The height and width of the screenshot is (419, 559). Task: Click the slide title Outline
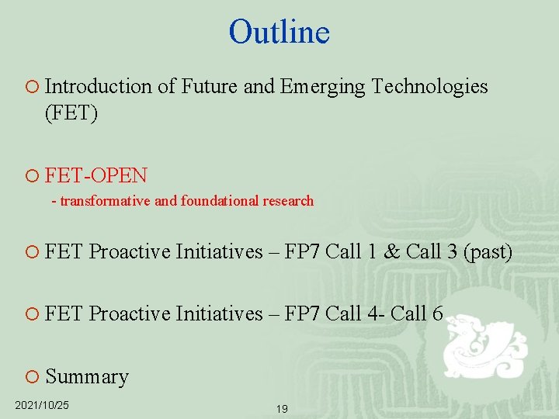[x=279, y=32]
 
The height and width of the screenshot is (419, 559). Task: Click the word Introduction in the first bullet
[x=99, y=86]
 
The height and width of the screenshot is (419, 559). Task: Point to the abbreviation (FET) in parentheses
[x=71, y=114]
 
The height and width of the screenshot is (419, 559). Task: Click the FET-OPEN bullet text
[x=96, y=175]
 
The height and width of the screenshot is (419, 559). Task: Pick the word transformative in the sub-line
[x=106, y=201]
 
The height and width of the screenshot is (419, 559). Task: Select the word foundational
[x=218, y=201]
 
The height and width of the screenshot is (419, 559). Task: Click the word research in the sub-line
[x=287, y=201]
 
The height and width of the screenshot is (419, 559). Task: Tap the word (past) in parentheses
[x=489, y=252]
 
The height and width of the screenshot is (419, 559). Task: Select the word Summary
[x=87, y=376]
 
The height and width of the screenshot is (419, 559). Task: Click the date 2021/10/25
[x=42, y=405]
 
